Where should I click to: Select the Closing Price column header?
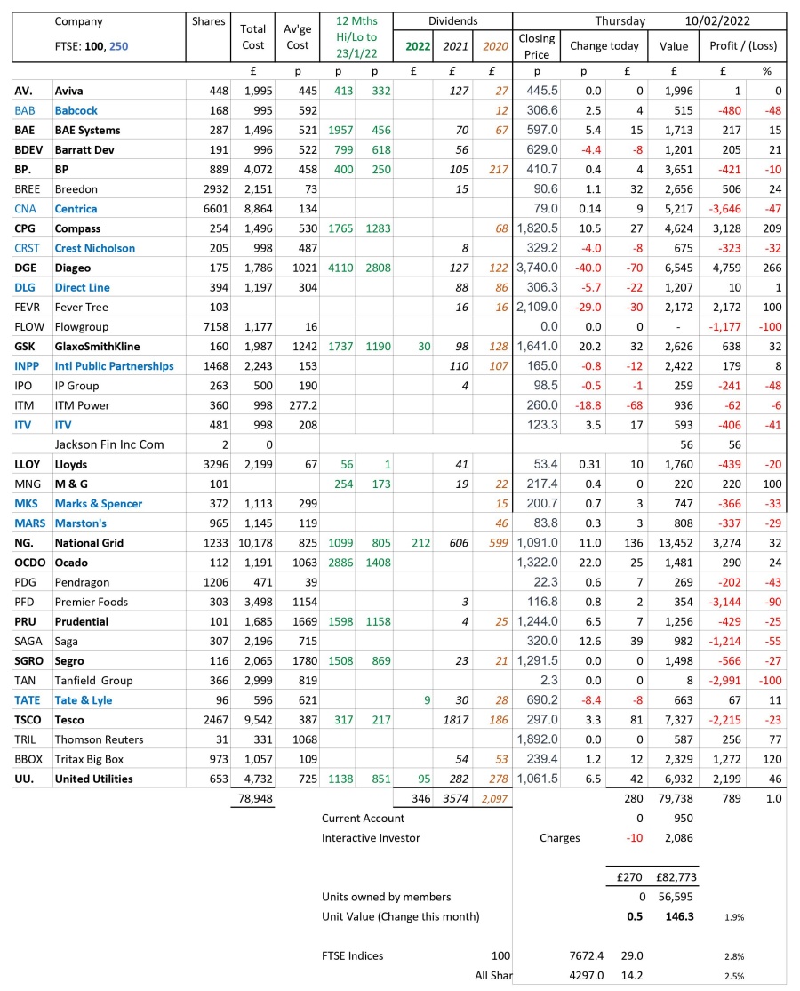point(537,46)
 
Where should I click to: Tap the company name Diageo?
point(73,268)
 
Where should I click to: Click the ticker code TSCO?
point(28,720)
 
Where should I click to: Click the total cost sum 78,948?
point(254,799)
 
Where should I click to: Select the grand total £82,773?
point(675,877)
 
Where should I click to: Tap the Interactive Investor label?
point(371,837)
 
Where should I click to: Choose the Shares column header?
point(209,21)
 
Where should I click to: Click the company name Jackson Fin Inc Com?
point(109,444)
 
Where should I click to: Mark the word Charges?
point(559,837)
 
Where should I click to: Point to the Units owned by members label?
point(386,897)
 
